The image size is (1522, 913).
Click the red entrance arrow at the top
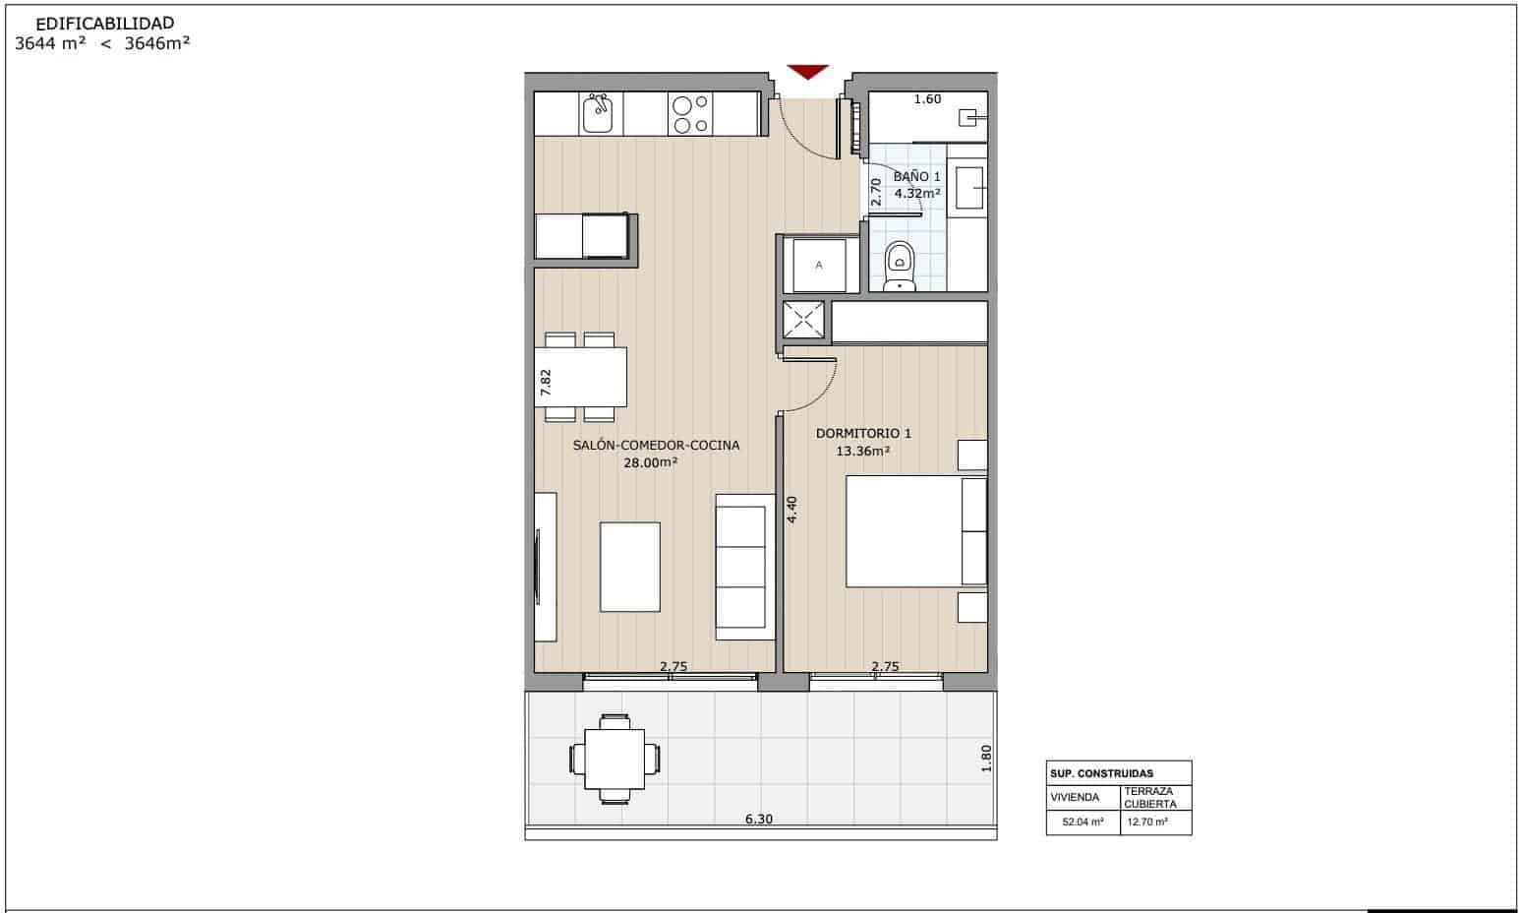(807, 72)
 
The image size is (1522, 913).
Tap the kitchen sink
(597, 114)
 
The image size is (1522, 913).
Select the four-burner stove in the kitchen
(689, 114)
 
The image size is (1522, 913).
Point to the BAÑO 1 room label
(916, 176)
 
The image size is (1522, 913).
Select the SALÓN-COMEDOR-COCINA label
(656, 445)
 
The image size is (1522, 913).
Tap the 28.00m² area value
(651, 462)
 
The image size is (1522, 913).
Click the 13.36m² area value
(862, 452)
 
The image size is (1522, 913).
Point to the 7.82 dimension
(547, 382)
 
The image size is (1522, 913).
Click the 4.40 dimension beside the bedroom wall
(791, 509)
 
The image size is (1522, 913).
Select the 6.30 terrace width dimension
(758, 819)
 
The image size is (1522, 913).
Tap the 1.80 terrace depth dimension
(986, 758)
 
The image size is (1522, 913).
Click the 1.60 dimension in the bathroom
(927, 99)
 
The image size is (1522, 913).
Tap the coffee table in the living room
(630, 567)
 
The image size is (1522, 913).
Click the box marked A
(819, 265)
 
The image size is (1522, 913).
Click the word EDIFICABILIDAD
(105, 23)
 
